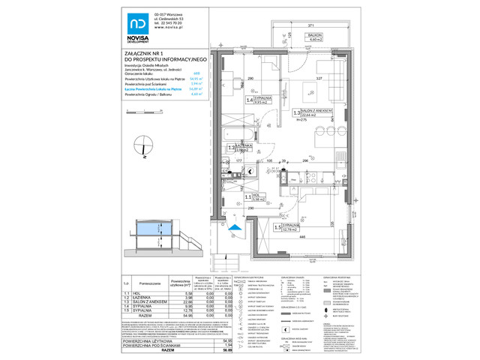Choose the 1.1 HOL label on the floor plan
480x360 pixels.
click(253, 198)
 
